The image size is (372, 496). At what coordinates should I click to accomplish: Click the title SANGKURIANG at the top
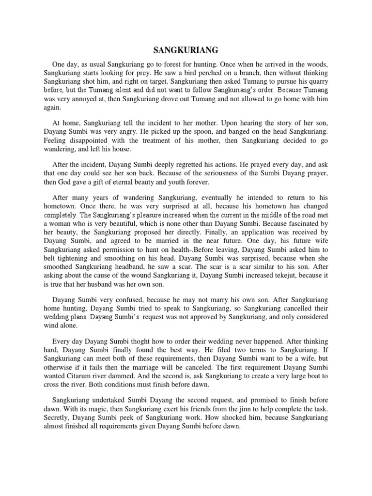pyautogui.click(x=186, y=50)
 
